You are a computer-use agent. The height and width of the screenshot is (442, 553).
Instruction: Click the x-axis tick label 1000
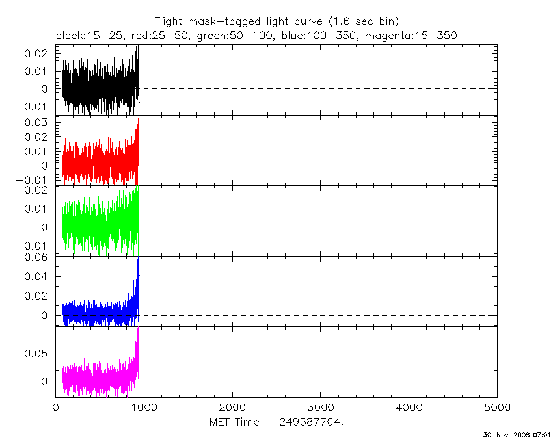point(144,408)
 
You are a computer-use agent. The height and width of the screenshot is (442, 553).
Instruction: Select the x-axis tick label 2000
point(232,408)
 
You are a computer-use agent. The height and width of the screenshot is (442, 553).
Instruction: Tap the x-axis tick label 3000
point(320,408)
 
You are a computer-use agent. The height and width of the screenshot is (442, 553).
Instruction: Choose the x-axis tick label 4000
point(409,408)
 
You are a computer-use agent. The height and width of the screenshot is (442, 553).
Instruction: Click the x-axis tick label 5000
point(497,408)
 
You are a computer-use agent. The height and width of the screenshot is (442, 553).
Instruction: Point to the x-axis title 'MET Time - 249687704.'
point(276,422)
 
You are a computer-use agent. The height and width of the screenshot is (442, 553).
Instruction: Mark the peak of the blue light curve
point(139,259)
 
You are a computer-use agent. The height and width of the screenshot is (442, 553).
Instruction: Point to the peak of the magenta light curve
point(138,328)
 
